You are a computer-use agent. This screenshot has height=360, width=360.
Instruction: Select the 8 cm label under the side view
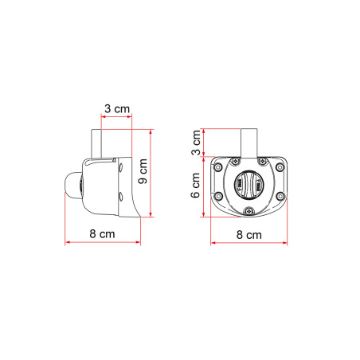click(x=100, y=235)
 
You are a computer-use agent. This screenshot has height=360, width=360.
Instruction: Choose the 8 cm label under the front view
click(x=249, y=235)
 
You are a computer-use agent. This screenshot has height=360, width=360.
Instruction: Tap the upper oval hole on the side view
click(x=120, y=168)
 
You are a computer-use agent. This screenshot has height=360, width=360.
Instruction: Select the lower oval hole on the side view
click(x=120, y=195)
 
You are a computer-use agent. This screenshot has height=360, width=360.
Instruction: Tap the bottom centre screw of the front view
click(x=249, y=210)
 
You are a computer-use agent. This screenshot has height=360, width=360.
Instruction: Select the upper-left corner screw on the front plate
click(x=217, y=168)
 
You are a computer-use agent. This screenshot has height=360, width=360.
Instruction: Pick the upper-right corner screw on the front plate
click(x=281, y=168)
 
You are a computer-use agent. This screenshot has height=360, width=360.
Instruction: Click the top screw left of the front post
click(x=236, y=162)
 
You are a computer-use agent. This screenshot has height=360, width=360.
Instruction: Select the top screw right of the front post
click(x=263, y=162)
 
